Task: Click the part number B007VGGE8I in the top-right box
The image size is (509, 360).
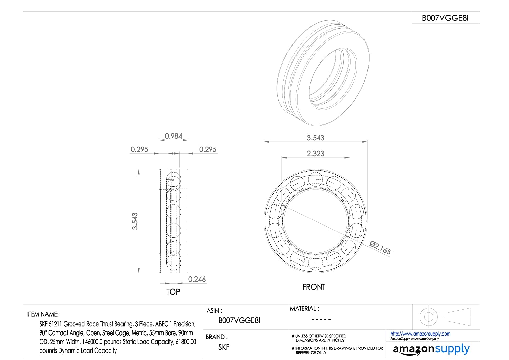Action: click(445, 18)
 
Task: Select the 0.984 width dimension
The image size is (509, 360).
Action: click(173, 136)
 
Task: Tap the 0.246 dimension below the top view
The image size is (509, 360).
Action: click(197, 279)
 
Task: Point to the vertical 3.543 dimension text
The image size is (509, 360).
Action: click(135, 221)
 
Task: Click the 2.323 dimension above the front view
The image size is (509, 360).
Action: click(315, 154)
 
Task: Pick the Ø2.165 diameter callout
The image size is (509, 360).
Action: click(380, 248)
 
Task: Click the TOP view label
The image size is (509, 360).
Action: click(173, 292)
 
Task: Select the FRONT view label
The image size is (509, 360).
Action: click(314, 287)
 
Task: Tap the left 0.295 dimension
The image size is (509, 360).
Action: click(139, 149)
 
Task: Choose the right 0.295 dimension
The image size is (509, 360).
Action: click(208, 149)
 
